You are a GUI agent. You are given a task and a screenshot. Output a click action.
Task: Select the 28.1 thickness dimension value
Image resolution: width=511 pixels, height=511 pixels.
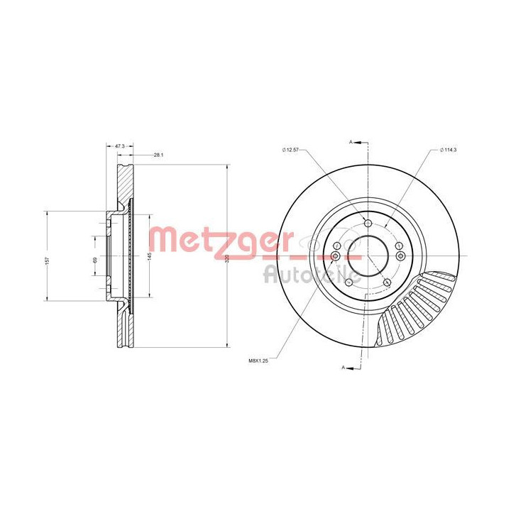pyautogui.click(x=159, y=154)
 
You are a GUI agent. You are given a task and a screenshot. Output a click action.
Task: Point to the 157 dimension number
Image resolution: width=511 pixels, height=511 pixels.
pyautogui.click(x=48, y=259)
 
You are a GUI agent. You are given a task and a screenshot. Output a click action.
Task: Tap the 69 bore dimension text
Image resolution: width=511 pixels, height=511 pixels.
pyautogui.click(x=94, y=260)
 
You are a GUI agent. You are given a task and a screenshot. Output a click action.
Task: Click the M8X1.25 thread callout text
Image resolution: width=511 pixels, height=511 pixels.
pyautogui.click(x=260, y=361)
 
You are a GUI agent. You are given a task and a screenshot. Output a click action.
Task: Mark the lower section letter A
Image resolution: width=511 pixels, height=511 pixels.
pyautogui.click(x=344, y=368)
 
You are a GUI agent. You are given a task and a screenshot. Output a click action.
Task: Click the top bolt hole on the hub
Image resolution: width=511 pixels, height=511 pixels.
pyautogui.click(x=368, y=224)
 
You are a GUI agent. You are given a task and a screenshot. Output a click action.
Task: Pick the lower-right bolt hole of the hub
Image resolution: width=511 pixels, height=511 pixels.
pyautogui.click(x=387, y=282)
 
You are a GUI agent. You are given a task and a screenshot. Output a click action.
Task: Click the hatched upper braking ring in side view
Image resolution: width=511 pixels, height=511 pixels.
pyautogui.click(x=125, y=185)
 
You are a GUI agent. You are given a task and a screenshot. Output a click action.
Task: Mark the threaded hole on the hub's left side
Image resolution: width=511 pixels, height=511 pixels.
pyautogui.click(x=336, y=255)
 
